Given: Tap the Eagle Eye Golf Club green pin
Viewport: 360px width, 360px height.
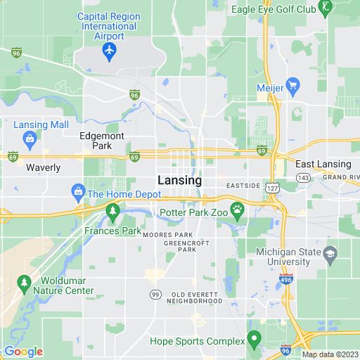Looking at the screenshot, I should (x=325, y=8).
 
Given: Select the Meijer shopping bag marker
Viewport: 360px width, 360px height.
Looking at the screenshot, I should (x=293, y=87).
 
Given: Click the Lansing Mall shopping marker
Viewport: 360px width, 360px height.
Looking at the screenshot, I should (x=30, y=139).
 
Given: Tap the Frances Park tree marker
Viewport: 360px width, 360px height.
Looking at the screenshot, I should (x=112, y=211).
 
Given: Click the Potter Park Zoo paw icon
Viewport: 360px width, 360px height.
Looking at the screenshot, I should (x=239, y=209).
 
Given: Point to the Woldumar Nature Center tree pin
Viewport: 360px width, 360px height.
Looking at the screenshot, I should (x=25, y=283).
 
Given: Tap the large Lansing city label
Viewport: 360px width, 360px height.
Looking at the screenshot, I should (x=179, y=181).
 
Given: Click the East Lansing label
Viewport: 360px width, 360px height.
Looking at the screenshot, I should (x=323, y=164).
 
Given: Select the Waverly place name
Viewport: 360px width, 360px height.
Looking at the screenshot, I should (x=44, y=168).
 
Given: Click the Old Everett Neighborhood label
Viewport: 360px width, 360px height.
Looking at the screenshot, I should (x=197, y=297).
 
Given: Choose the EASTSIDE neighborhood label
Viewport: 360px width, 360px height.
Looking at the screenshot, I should (x=243, y=186).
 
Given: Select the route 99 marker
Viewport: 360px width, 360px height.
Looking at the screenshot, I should (x=155, y=293).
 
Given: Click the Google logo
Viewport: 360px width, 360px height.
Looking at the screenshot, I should (x=23, y=352).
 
